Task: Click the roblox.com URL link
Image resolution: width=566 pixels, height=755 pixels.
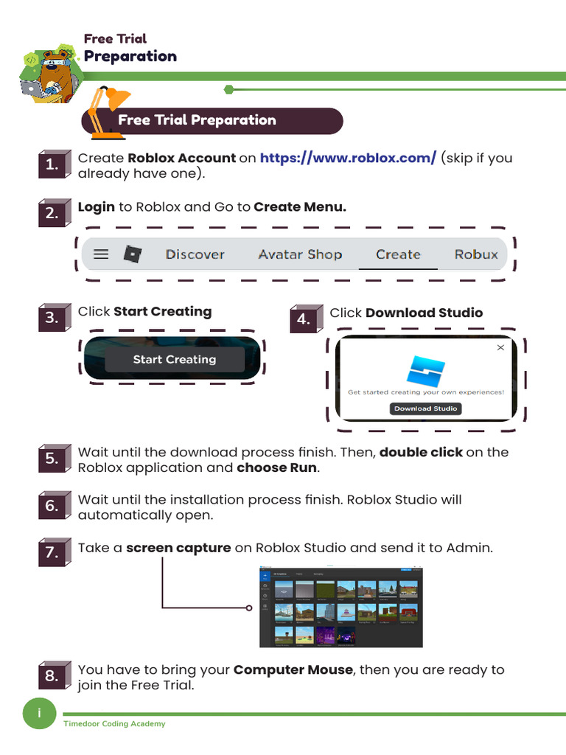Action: point(348,158)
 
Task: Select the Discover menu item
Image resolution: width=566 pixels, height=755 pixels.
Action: point(195,254)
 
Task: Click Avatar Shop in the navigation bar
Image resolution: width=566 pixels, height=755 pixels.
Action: point(300,254)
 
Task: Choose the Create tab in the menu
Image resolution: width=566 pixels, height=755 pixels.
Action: point(398,254)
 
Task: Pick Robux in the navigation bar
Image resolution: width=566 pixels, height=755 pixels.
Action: point(476,254)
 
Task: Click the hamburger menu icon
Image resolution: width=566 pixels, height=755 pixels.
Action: point(101,254)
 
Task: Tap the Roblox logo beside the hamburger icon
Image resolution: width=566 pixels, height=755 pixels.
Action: point(132,254)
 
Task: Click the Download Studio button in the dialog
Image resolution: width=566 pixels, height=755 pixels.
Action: point(425,408)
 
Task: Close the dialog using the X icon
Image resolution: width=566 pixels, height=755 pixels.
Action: point(501,347)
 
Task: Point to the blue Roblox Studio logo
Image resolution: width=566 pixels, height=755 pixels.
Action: point(425,370)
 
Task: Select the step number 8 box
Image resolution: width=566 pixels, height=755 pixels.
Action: point(51,677)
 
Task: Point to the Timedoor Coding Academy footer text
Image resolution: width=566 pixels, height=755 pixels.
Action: point(114,724)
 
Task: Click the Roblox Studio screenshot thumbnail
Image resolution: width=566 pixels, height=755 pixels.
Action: point(340,608)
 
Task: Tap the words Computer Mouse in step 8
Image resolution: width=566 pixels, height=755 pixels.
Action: point(293,670)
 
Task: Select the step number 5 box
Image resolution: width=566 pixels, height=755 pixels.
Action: point(51,459)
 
